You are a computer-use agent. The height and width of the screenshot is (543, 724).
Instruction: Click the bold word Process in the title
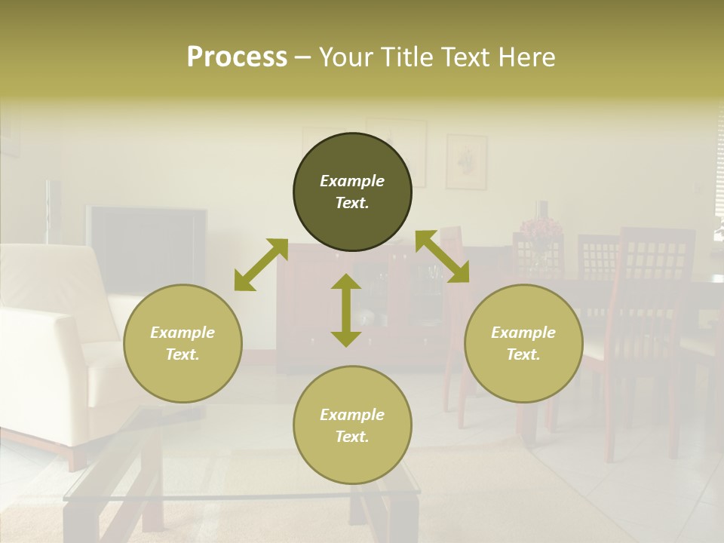click(x=237, y=57)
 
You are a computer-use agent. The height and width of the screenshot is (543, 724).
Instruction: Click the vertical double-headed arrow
click(x=346, y=310)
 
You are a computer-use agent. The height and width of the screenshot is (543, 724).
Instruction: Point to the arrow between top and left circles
click(x=261, y=264)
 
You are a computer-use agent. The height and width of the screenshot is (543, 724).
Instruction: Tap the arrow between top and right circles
click(x=442, y=256)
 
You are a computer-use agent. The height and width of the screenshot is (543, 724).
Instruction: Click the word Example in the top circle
click(x=352, y=181)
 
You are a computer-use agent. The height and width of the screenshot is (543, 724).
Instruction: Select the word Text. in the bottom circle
click(x=352, y=437)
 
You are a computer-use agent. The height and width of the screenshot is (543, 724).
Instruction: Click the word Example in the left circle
click(x=183, y=333)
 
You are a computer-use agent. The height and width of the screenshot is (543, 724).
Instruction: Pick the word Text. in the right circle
click(x=523, y=354)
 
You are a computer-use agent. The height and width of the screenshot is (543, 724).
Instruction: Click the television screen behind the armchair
click(x=147, y=249)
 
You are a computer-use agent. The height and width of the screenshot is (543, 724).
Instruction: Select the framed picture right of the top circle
click(x=466, y=161)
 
